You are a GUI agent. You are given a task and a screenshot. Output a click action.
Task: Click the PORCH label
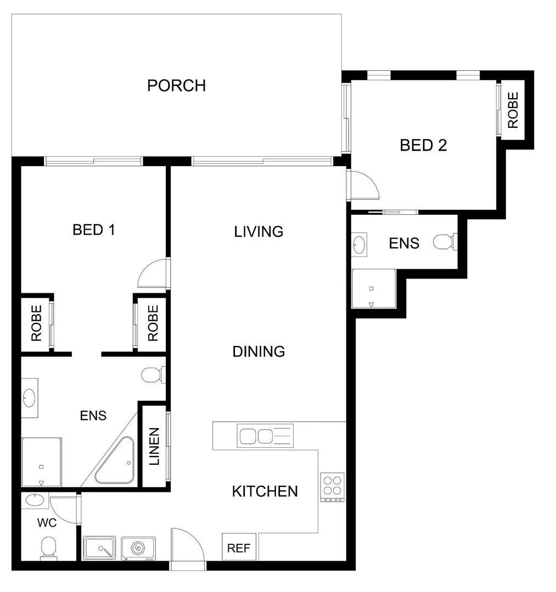(176, 86)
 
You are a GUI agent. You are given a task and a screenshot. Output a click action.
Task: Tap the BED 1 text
(94, 230)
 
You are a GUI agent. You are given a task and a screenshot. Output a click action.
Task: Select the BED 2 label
(423, 145)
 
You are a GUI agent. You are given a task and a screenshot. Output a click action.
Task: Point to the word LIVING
(259, 231)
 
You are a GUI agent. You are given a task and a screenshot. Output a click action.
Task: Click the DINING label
(259, 351)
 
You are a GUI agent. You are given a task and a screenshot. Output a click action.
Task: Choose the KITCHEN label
(265, 491)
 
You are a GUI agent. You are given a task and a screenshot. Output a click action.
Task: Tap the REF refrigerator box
(239, 548)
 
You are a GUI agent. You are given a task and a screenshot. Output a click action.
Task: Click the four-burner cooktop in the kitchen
(333, 487)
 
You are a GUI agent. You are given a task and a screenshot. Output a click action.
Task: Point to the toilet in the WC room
(48, 548)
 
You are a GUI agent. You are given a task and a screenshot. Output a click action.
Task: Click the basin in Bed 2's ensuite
(360, 244)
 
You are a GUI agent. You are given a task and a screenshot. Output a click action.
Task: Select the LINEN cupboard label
(155, 446)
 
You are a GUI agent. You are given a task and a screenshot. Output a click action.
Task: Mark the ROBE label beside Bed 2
(513, 110)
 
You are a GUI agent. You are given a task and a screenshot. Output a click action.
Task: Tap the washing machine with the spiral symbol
(138, 548)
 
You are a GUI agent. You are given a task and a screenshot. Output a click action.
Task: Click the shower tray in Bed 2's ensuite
(373, 289)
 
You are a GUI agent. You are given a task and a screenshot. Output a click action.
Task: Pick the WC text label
(47, 523)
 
